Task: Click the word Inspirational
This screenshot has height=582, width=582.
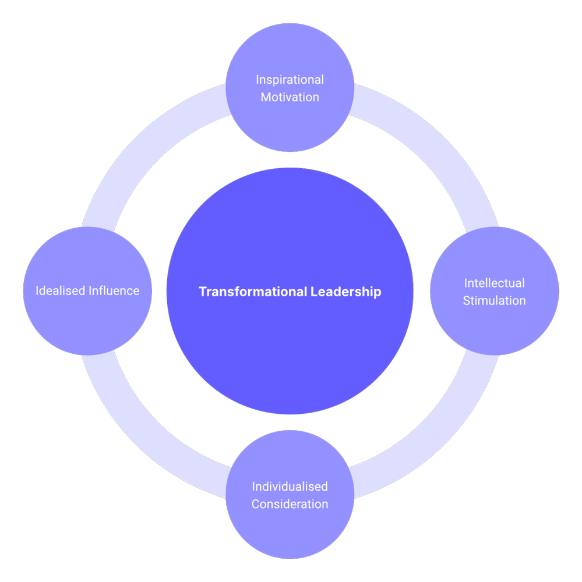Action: [290, 80]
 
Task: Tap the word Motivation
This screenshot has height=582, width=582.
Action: [290, 97]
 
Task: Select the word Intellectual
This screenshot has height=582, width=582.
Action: [494, 283]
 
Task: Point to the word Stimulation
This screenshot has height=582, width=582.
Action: [494, 301]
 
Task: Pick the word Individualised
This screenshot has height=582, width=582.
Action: [290, 487]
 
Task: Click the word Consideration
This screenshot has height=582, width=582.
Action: [290, 504]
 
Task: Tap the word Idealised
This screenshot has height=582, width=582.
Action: [61, 290]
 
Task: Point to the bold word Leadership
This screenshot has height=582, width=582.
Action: [345, 292]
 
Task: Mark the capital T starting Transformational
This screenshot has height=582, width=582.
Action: [202, 292]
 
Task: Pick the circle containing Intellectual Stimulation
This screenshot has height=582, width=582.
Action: [494, 332]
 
